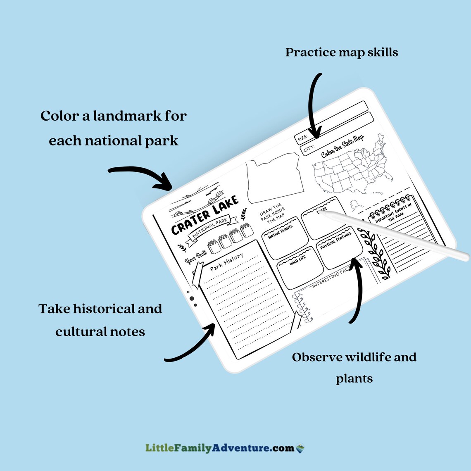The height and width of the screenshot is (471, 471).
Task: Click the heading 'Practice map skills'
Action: [342, 52]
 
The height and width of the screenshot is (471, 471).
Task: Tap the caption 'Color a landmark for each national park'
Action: [114, 128]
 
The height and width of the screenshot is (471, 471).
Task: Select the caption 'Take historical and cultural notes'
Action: [100, 320]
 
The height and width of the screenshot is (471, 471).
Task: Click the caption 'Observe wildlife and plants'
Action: [354, 367]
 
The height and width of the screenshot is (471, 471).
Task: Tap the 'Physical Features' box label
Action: [336, 240]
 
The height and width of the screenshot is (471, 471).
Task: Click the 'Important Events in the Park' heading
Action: [394, 213]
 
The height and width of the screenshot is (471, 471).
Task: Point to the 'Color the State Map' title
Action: [342, 146]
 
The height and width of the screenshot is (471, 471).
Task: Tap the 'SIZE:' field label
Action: [302, 138]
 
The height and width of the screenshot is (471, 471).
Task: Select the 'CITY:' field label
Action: [309, 149]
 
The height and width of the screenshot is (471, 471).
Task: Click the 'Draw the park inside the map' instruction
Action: [272, 212]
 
